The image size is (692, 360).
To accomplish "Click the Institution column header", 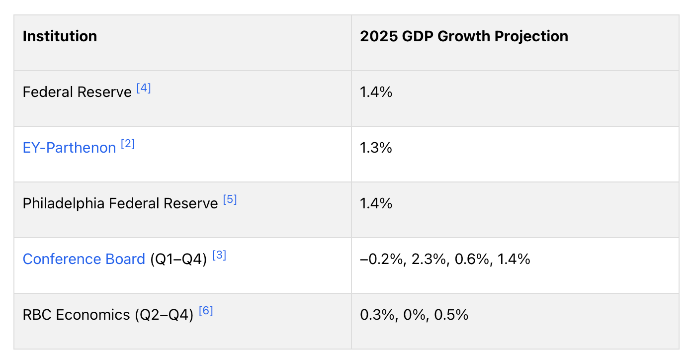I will pos(60,37).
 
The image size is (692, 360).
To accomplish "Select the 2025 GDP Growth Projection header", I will pos(464,37).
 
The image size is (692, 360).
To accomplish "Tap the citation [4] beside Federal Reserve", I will pos(144,89).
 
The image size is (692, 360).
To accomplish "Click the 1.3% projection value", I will pos(376,148).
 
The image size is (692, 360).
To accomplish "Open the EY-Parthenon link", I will pos(69,148).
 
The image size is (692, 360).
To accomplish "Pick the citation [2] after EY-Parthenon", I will pos(128,144).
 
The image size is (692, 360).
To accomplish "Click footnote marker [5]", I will pos(230,200).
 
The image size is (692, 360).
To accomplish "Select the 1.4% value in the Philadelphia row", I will pos(376,203).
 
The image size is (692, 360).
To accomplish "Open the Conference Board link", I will pos(84,259).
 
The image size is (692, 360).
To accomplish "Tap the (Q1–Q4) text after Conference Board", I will pos(178,259).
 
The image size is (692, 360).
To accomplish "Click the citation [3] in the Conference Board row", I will pos(219,256).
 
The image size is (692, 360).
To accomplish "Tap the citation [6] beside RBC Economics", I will pos(206,311).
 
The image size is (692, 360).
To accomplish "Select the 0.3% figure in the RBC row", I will pos(376,315).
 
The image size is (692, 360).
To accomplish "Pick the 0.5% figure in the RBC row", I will pos(451,315).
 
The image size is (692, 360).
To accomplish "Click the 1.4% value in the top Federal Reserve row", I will pos(376,92).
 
